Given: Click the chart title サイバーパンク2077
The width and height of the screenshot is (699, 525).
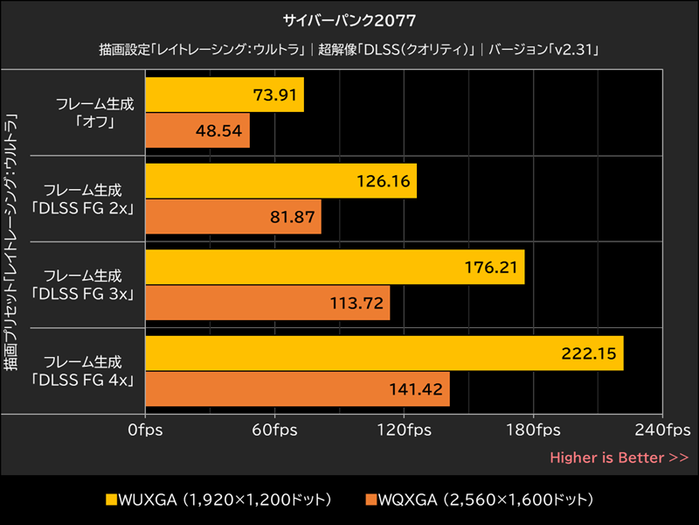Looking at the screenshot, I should tap(349, 18).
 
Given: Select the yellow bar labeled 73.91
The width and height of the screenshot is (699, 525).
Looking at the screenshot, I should tap(225, 94).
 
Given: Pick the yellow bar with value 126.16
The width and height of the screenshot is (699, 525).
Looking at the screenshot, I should tap(281, 181).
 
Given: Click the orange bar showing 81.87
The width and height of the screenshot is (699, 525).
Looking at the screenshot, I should tap(233, 217).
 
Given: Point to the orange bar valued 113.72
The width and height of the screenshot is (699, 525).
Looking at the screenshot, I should tap(267, 303).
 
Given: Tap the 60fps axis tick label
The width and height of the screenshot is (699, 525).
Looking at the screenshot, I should tap(274, 430).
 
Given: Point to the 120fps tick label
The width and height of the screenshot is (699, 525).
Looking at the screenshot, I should tap(404, 430).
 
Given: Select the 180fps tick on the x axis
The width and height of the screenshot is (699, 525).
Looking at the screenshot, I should tap(533, 430).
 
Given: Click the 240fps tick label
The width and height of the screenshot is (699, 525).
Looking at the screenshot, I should tap(662, 430).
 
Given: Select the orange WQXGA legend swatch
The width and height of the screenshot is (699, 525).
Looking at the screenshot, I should tap(371, 500).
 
